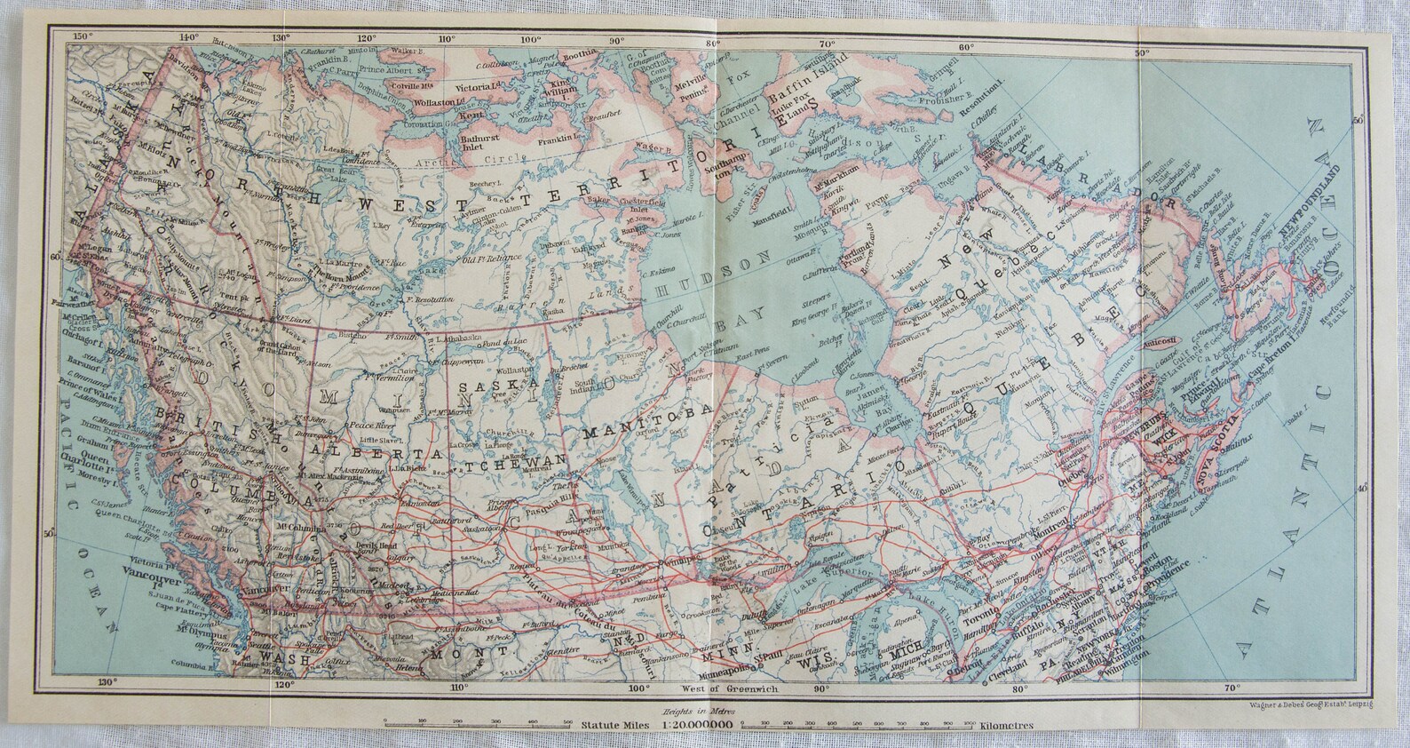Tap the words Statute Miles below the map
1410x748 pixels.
(612, 726)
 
